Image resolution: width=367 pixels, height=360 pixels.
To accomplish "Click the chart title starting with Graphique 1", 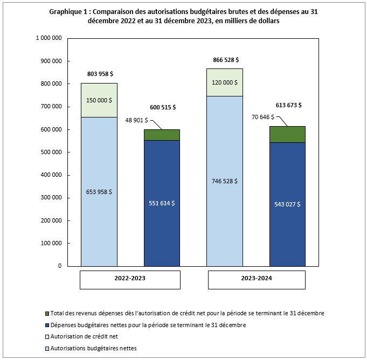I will coord(183,16).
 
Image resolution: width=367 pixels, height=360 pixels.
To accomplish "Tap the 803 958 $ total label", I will coord(99,73).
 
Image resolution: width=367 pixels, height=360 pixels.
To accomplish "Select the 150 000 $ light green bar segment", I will coord(99,100).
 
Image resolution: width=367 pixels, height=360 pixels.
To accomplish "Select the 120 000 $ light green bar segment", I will coord(225,82).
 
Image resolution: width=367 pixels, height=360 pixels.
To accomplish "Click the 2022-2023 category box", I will coord(130,279).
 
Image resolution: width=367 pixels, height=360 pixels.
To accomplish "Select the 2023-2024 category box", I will coord(256,279).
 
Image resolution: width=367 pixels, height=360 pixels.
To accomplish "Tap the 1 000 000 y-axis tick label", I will coord(47,38).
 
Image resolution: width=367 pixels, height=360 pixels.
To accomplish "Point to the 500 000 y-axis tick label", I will coord(49,152).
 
